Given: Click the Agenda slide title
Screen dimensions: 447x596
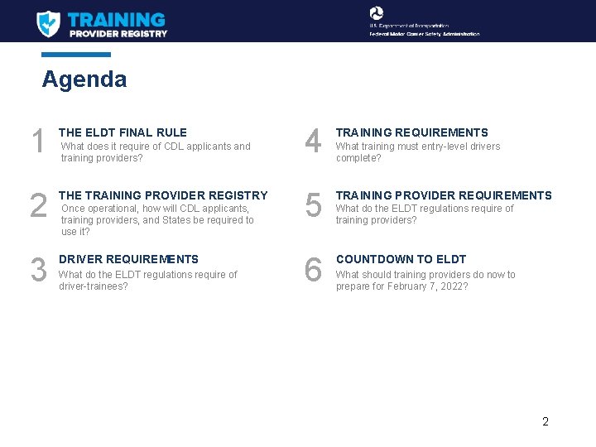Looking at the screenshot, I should (84, 79).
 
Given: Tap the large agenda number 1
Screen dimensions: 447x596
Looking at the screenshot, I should (37, 142).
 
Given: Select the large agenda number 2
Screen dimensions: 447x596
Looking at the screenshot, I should (38, 206).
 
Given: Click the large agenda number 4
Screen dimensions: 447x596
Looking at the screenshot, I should (313, 142).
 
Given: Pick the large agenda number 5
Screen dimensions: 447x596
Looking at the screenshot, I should (313, 206).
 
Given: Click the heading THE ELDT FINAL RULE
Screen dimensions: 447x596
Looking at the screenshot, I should (123, 132).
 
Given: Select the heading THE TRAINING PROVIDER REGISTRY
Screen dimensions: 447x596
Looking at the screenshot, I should (163, 195).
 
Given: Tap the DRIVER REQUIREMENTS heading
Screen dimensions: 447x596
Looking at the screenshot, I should (128, 259).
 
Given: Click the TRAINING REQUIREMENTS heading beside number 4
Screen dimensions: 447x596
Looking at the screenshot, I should (411, 132).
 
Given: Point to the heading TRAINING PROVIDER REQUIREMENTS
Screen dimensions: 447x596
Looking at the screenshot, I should (443, 195).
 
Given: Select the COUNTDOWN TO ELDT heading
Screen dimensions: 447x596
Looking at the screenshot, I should (401, 259).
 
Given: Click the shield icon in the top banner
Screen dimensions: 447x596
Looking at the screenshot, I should (48, 23).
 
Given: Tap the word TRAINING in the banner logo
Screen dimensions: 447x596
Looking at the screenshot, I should (116, 19).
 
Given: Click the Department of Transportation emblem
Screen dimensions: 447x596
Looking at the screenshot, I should (377, 12).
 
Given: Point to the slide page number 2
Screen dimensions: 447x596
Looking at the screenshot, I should (546, 421).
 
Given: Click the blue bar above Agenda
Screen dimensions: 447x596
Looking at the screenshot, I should (76, 55).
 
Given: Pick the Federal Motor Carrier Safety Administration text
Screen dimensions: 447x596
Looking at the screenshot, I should (424, 34).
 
